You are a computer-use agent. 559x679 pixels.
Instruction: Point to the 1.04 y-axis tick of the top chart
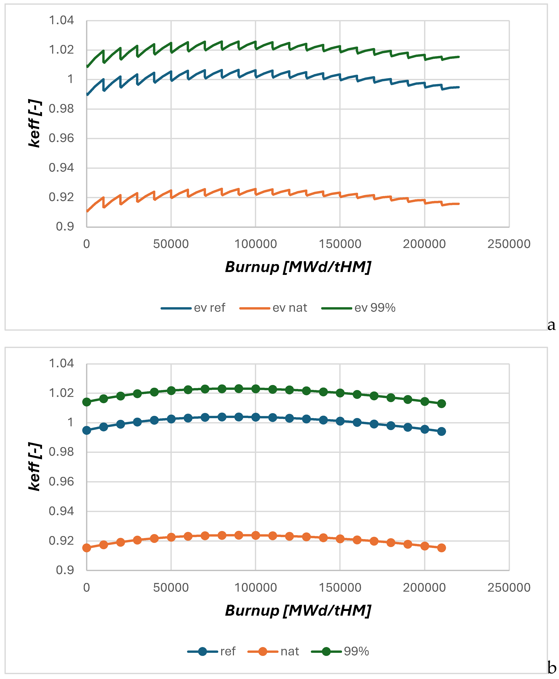[61, 21]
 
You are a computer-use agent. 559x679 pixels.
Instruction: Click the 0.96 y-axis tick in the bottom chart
[61, 482]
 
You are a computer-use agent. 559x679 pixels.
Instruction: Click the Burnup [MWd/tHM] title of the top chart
[298, 267]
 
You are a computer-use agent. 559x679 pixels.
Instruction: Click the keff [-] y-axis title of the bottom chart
[35, 467]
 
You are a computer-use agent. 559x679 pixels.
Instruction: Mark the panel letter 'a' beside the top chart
[551, 325]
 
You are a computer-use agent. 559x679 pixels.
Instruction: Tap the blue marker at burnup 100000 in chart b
[256, 417]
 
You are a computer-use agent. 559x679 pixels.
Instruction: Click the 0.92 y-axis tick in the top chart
[61, 197]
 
